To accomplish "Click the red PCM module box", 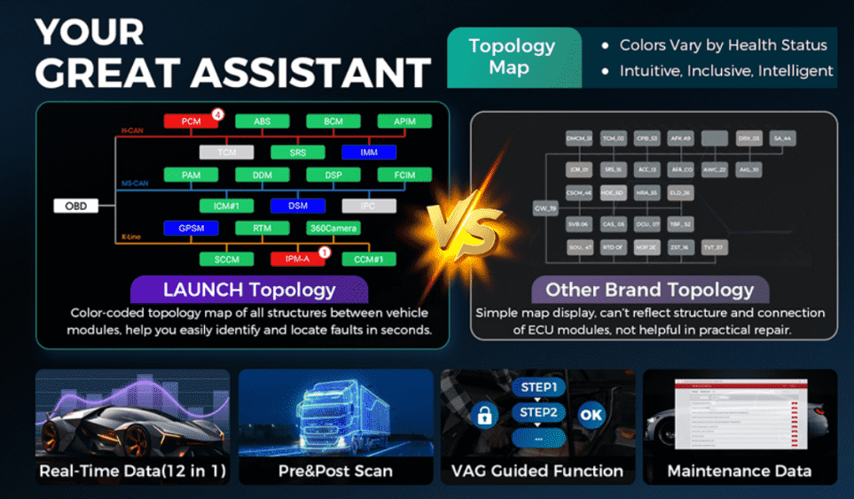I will [191, 121].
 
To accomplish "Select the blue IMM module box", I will [368, 152].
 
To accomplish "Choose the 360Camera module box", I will [333, 228].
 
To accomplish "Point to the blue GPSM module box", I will [191, 228].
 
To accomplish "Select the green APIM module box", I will [403, 121].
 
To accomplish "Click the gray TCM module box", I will [226, 152].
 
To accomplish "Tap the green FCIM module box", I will [403, 175].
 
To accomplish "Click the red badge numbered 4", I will [217, 114].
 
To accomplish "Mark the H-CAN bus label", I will [131, 131].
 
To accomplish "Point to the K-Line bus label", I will [131, 238].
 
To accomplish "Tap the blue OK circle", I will [591, 414].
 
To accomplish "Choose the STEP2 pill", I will [538, 413].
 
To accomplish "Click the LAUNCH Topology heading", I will [249, 290].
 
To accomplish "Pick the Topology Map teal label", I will [512, 57].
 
